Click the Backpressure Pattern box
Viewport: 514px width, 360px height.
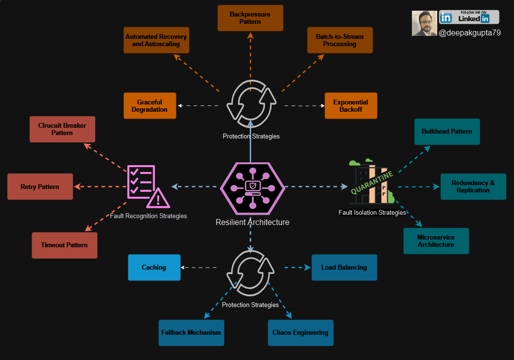click(250, 18)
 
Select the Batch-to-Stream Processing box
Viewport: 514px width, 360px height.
click(340, 40)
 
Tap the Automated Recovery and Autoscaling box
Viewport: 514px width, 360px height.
click(156, 40)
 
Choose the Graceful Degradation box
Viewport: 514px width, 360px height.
click(150, 106)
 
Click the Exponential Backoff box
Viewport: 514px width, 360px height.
click(351, 106)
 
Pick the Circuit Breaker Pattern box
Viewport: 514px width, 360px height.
click(62, 129)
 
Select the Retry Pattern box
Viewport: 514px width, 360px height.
click(40, 187)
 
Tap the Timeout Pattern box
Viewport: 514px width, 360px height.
click(65, 245)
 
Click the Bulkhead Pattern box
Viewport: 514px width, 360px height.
click(447, 132)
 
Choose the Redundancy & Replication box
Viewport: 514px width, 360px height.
click(473, 187)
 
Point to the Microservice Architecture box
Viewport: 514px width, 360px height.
click(436, 241)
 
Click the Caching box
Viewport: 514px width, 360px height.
click(154, 267)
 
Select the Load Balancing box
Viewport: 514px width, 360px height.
click(344, 267)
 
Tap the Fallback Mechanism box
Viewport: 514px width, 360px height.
click(191, 333)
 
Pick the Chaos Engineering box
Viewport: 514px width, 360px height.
click(301, 333)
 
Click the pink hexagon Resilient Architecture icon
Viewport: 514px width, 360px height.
click(252, 187)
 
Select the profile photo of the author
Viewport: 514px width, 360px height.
click(425, 23)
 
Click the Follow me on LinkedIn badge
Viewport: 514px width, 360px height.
click(469, 17)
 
